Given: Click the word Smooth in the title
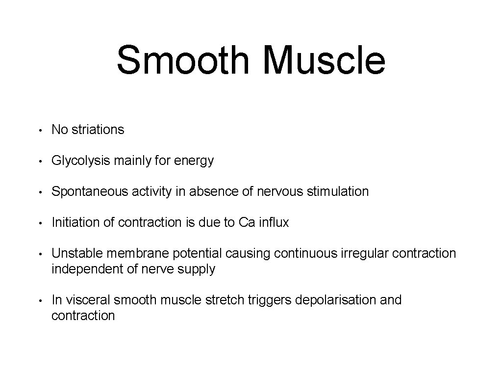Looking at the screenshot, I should pyautogui.click(x=183, y=60).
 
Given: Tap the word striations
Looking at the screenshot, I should pyautogui.click(x=98, y=130).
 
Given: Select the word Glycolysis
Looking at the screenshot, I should pyautogui.click(x=81, y=161).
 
